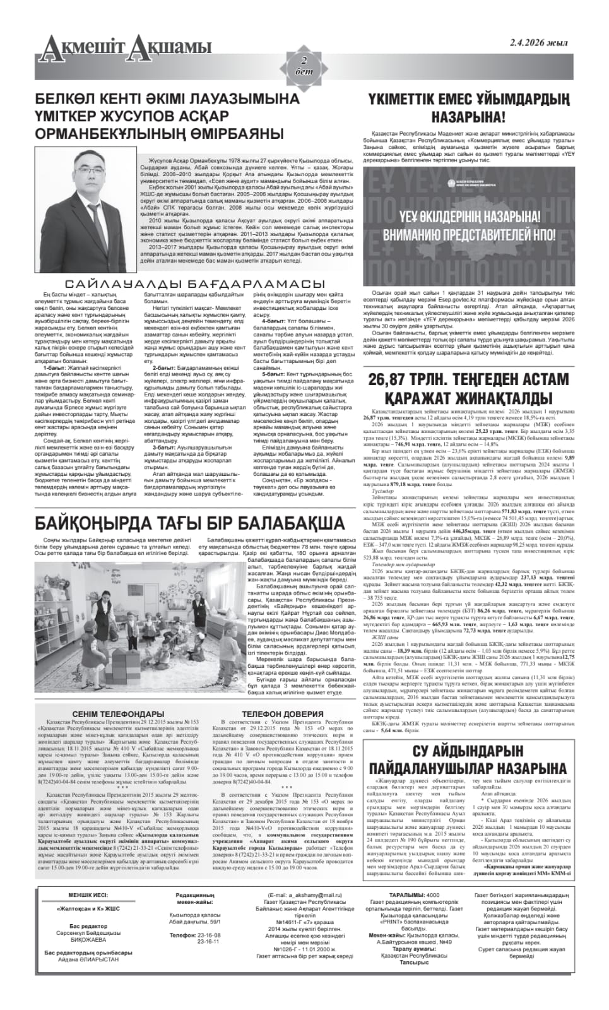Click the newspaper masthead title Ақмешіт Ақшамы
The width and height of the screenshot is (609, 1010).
tap(123, 45)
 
